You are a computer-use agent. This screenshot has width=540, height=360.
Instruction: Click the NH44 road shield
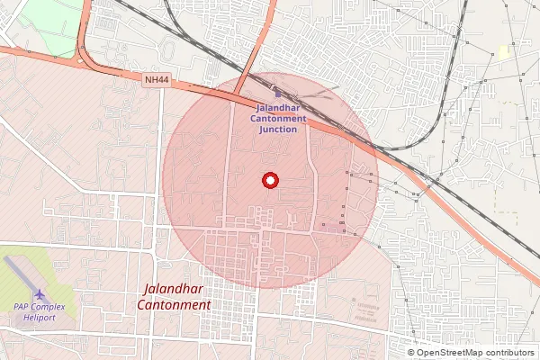[157, 80]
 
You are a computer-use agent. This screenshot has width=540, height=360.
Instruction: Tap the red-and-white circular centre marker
[269, 180]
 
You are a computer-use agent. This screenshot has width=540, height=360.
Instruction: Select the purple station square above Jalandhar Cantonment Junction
[277, 93]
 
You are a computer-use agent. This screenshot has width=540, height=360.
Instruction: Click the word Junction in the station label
[277, 129]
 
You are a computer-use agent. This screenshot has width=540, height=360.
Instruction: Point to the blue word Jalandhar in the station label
[277, 107]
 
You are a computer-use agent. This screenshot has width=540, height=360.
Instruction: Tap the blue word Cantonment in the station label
[277, 118]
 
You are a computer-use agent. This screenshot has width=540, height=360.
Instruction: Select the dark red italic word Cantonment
[175, 305]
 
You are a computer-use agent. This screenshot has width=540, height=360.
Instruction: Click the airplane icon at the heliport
[40, 293]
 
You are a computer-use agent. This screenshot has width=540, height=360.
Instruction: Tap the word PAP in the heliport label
[22, 308]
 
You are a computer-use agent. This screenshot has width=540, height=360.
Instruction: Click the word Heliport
[40, 319]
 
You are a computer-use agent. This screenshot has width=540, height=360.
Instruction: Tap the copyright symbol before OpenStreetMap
[411, 353]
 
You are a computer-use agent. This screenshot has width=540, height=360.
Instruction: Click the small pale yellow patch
[504, 52]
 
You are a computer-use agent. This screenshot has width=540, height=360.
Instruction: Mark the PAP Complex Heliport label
[40, 313]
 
